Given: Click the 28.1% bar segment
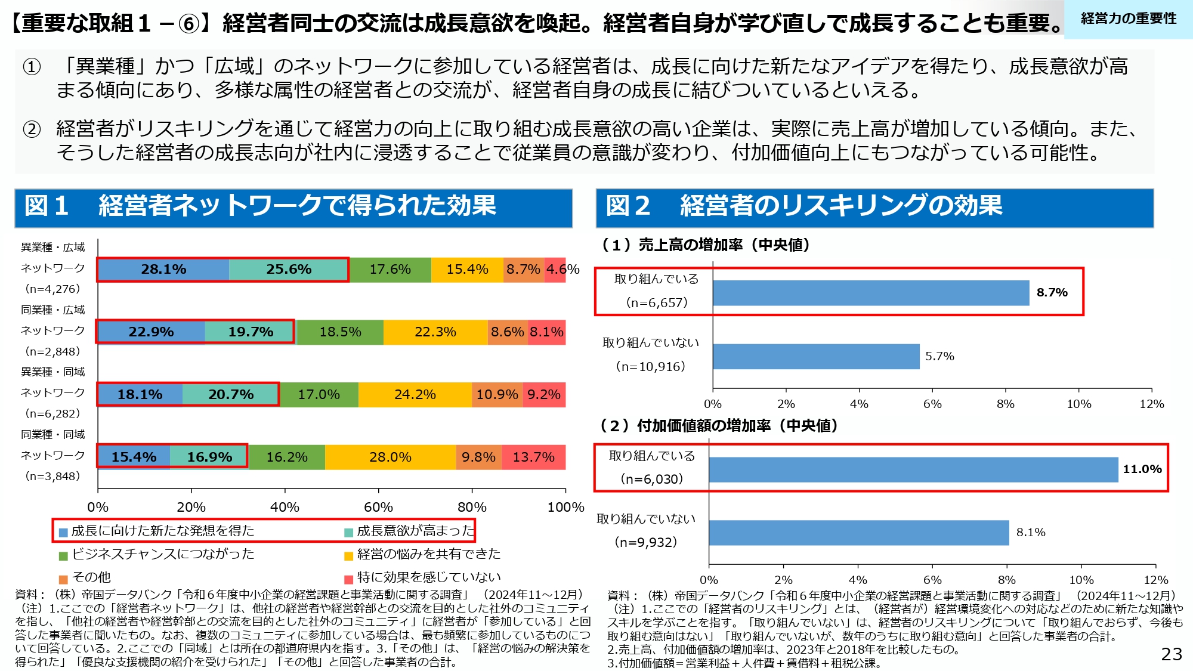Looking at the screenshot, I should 163,270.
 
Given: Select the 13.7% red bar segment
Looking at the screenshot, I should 533,457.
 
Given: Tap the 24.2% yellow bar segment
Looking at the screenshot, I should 415,395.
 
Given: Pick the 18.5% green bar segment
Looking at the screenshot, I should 340,332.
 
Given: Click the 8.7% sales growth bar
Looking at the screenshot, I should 871,293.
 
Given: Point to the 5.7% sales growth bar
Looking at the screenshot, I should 816,357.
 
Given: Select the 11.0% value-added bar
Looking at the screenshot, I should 913,470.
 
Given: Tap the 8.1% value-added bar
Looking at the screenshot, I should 859,533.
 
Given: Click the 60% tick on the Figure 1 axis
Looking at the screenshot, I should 378,507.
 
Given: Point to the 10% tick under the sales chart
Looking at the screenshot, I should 1078,404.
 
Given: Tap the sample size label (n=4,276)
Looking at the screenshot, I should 52,289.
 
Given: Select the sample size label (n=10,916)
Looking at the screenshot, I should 650,367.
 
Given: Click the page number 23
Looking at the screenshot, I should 1172,654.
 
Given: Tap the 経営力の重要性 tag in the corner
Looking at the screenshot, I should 1129,19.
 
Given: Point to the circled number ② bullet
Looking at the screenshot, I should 32,129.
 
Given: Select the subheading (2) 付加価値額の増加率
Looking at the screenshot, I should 719,426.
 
